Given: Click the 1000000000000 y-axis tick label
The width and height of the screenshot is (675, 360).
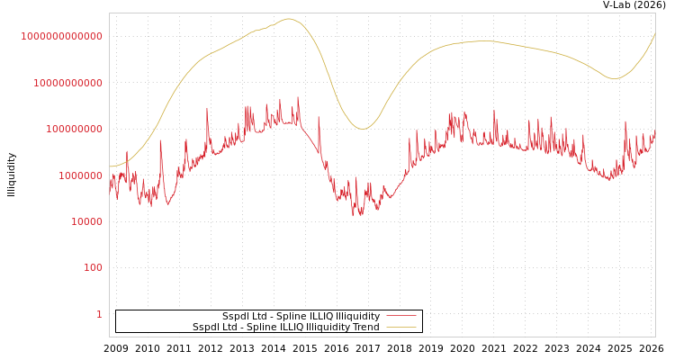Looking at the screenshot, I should point(61,36).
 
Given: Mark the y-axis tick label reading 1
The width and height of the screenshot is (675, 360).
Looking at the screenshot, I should point(99,314).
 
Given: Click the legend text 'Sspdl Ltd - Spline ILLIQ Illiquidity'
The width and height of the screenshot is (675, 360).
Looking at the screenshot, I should point(301,317).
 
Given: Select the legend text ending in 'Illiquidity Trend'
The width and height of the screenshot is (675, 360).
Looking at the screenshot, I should point(285,328).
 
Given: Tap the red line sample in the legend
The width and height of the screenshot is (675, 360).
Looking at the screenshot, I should point(401,317).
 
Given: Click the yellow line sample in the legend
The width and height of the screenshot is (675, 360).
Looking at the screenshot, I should point(401,328).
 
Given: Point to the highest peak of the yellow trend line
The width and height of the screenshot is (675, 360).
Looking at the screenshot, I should point(288,19).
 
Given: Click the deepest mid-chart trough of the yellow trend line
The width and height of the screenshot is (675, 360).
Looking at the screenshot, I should point(362,129).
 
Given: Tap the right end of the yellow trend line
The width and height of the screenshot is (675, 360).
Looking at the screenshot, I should point(654,34).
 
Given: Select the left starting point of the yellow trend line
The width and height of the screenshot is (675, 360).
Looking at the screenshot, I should point(110,166).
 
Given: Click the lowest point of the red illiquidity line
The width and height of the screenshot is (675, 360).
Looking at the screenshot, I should point(354,216).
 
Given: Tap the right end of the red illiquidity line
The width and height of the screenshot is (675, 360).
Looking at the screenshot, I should point(654,135).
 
